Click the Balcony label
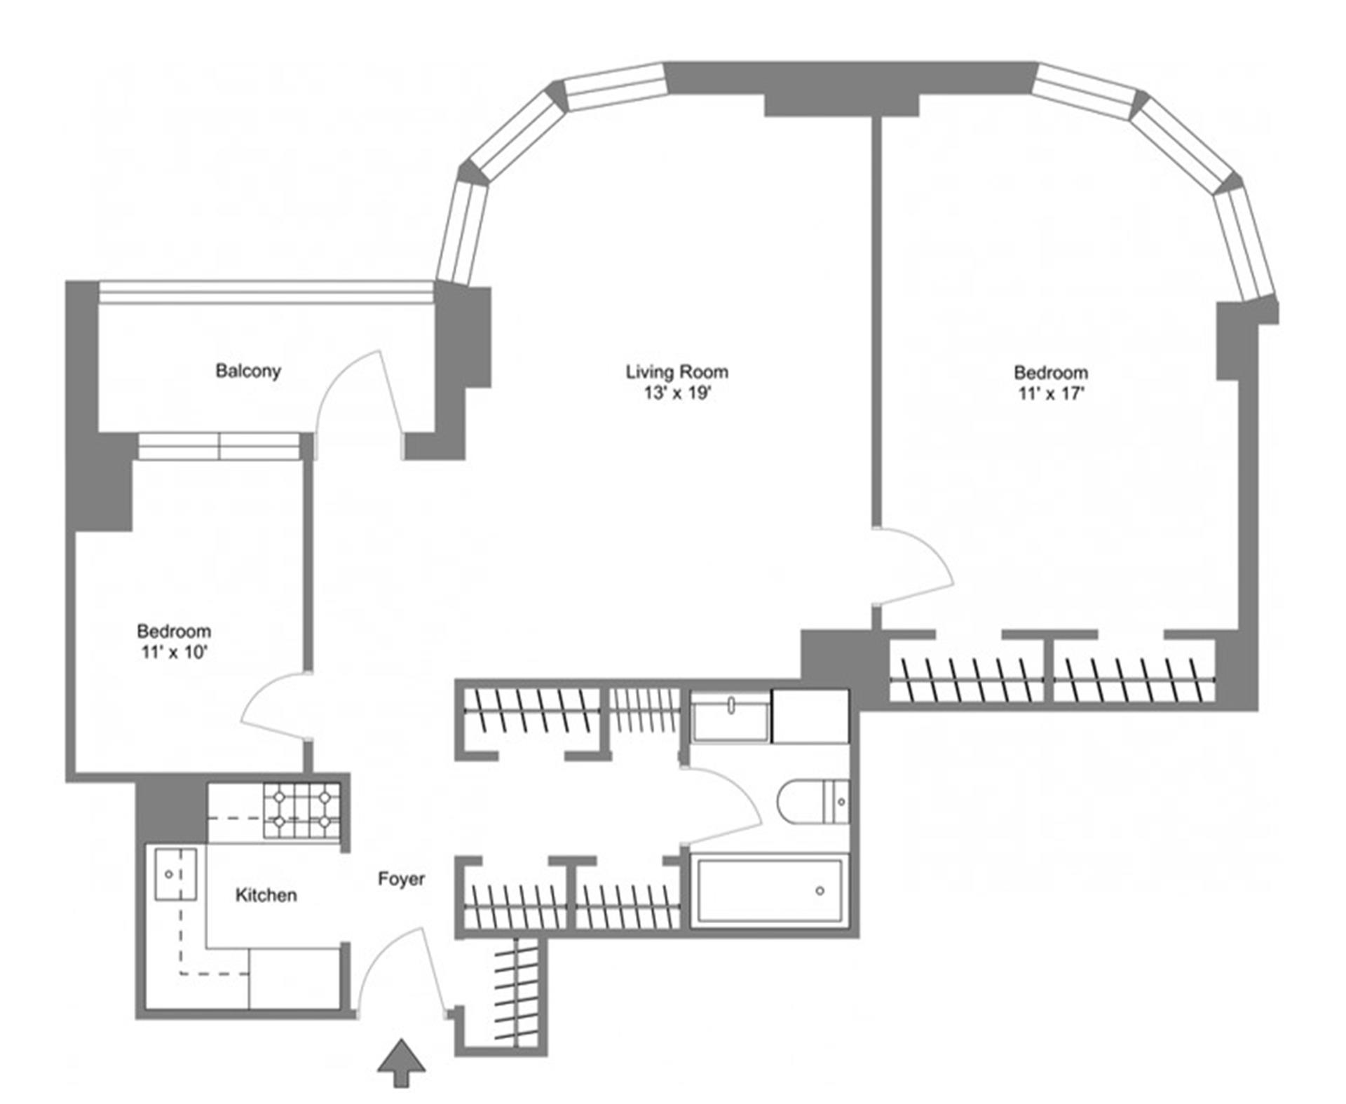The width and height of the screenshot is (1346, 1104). (x=247, y=371)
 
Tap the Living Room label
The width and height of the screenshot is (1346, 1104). (x=677, y=372)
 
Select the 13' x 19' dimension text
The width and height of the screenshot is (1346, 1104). (x=677, y=393)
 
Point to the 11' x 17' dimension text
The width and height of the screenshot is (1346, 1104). (x=1050, y=393)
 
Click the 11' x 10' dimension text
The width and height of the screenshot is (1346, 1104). (x=174, y=652)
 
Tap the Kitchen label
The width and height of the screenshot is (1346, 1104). (x=266, y=895)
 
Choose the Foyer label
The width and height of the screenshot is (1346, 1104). (x=401, y=879)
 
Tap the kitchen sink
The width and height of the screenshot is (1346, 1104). (x=174, y=873)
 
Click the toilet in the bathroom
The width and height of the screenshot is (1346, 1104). (x=813, y=802)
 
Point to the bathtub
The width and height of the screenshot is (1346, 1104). (x=769, y=891)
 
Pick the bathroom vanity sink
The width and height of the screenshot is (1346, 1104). (x=730, y=714)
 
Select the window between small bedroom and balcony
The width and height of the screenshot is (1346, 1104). (x=219, y=446)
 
